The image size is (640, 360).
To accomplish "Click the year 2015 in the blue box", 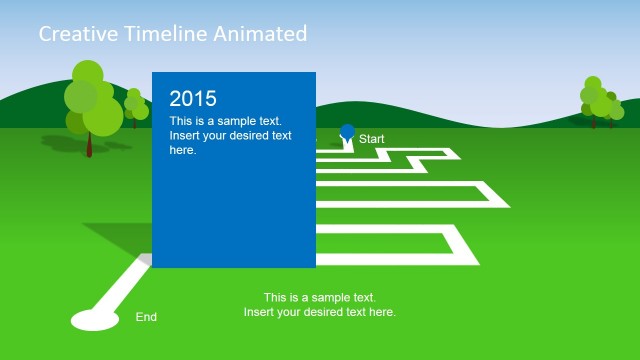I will (x=193, y=98).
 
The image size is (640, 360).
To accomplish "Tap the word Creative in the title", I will (x=73, y=34).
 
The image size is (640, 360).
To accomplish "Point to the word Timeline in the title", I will (x=163, y=34).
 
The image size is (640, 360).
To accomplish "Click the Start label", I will (x=372, y=139).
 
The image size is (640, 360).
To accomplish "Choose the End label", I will (x=146, y=317).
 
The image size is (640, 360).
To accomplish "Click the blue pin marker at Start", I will (x=347, y=132).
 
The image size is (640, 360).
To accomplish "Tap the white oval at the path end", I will (x=93, y=320).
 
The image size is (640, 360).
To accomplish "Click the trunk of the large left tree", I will (x=89, y=144).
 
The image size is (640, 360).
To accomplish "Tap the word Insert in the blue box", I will (x=184, y=135).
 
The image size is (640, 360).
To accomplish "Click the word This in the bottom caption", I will (x=275, y=298).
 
